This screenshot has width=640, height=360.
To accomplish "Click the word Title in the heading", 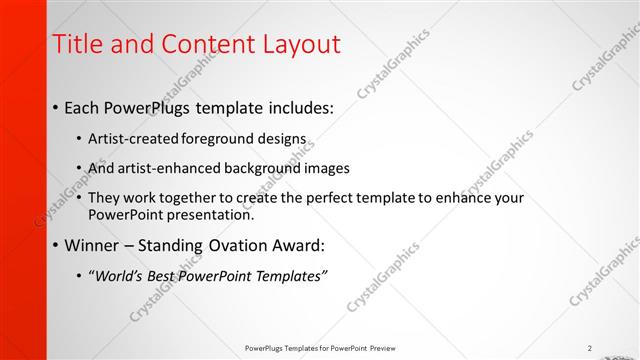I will click(76, 44).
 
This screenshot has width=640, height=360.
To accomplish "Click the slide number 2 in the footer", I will click(590, 348).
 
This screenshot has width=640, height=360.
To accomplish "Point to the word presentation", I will click(209, 214).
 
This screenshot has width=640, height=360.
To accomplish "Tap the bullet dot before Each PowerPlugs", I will click(54, 107).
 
